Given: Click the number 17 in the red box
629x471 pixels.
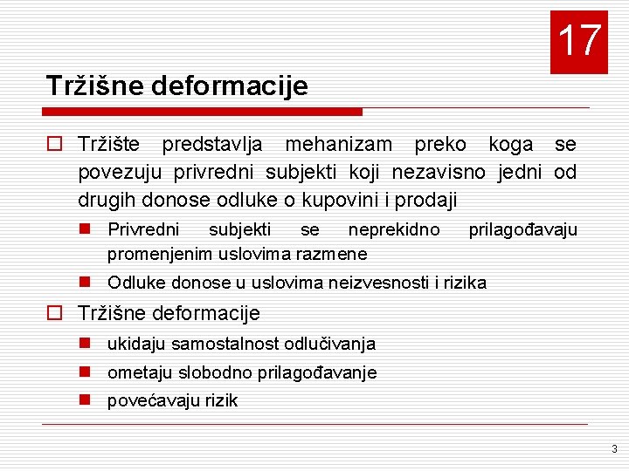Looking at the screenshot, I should coord(578,41).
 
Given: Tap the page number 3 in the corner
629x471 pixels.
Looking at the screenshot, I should coord(614,449).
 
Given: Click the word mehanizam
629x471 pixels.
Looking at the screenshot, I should coord(339,144).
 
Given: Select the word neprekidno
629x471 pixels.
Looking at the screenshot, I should coord(394,229).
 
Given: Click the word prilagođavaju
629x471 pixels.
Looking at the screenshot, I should coord(522,229).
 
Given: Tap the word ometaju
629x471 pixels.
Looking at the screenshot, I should coord(140,372).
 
